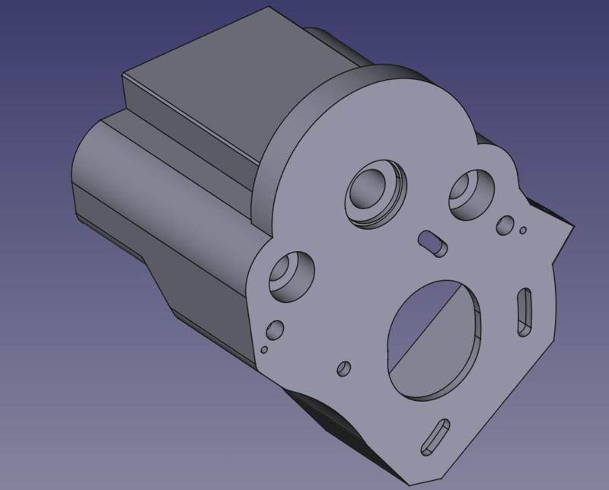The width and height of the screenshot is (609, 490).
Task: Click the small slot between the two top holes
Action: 432,241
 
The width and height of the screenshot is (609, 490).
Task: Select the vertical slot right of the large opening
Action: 525,310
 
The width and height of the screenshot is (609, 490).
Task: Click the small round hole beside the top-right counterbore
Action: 504,224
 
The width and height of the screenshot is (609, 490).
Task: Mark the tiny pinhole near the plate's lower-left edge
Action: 263,351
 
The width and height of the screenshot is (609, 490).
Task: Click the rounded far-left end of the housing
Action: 84,175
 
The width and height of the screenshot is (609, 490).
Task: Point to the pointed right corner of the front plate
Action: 572,225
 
